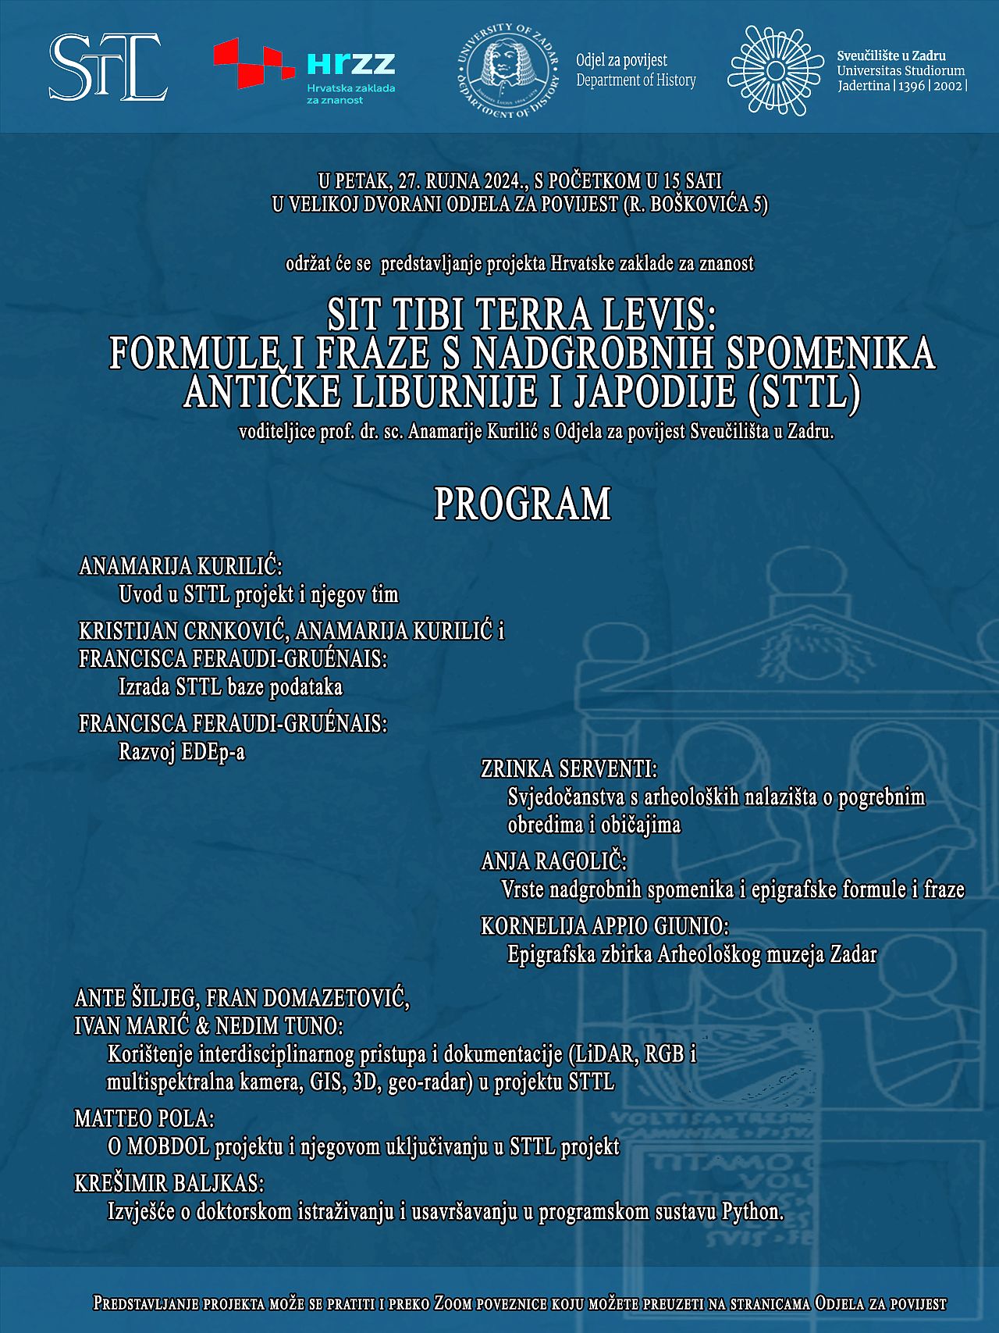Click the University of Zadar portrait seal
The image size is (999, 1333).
pos(508,71)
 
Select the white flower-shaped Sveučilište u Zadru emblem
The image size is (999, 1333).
pos(774,71)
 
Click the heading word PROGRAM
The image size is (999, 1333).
pos(522,504)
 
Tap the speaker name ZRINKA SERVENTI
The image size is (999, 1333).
pos(569,769)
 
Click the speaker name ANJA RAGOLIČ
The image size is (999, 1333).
pos(554,861)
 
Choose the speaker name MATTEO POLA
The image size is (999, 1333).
pos(144,1118)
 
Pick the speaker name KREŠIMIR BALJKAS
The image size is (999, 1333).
pos(169,1183)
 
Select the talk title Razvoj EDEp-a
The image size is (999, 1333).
pos(182,751)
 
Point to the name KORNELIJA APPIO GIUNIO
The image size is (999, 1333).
pos(605,926)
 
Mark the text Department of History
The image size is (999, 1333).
pos(636,80)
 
